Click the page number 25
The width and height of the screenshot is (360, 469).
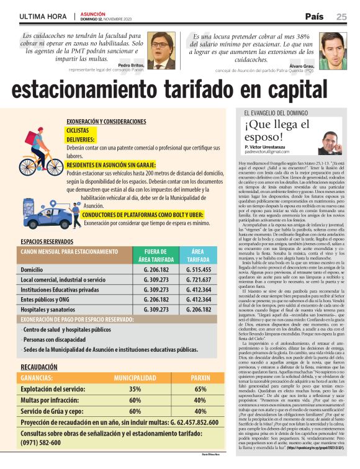coord(341,16)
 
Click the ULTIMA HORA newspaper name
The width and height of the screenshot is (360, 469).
coord(43,16)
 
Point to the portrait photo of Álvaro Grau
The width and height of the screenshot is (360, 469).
coord(333,51)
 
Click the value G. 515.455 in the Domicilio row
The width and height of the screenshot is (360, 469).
coord(200,270)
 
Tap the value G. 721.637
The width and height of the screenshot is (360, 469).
coord(200,280)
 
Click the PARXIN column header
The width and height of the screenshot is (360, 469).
coord(200,377)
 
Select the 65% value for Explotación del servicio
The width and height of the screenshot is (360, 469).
coord(200,389)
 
